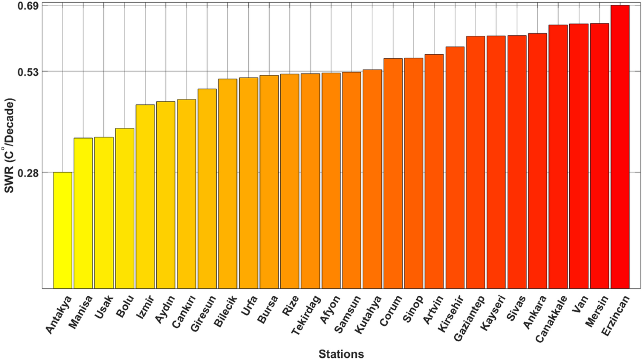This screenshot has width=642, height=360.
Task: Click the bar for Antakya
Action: [x=63, y=231]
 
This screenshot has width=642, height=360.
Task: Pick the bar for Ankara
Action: [x=537, y=161]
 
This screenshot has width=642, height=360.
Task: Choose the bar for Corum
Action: [x=393, y=174]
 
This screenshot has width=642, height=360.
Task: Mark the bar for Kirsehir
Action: [x=455, y=168]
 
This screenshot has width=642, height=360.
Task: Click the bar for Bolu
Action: [x=125, y=209]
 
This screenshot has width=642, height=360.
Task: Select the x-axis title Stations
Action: [x=341, y=354]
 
